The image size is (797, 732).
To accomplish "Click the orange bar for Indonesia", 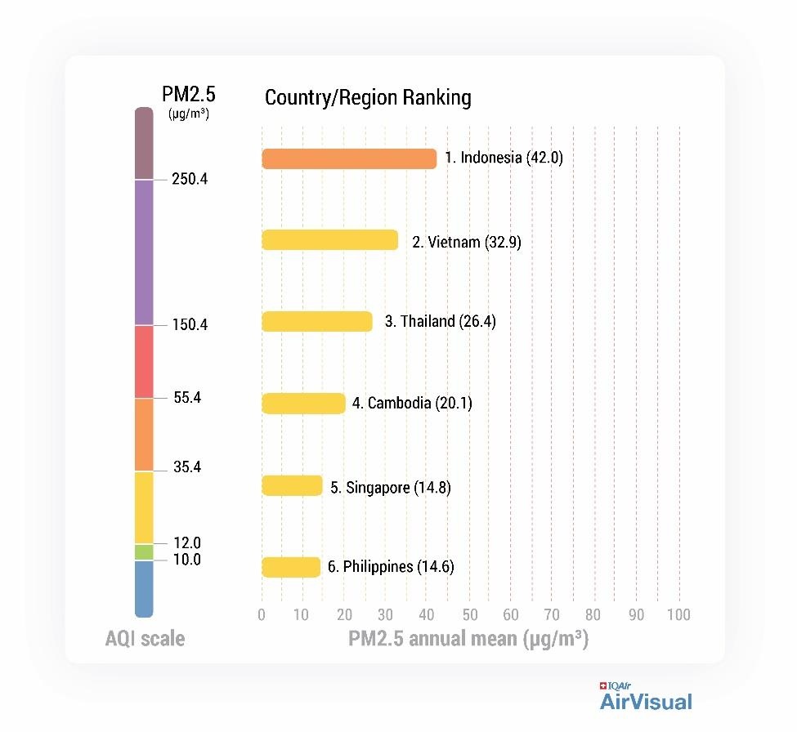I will [349, 159].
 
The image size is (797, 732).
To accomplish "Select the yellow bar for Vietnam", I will [329, 240].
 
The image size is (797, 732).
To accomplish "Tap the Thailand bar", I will [316, 322].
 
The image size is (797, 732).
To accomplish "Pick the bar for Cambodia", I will [303, 404].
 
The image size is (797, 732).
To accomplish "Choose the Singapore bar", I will [292, 486].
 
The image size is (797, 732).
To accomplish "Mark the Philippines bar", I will [291, 567].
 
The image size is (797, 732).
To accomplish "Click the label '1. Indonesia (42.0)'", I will [504, 158].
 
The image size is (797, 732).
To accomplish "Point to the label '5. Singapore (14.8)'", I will [390, 488].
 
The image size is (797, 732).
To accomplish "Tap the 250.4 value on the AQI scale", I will [190, 179].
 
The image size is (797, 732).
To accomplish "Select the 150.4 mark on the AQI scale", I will [190, 325].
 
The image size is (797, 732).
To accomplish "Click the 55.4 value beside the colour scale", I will [187, 398].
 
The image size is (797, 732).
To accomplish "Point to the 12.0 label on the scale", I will [187, 543].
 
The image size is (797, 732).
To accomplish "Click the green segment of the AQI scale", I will [144, 552].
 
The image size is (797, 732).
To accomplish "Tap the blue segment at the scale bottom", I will [144, 588].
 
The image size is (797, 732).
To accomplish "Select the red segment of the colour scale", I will [144, 362].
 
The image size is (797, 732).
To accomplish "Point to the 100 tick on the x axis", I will [678, 615].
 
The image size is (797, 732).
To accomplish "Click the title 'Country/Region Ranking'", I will [368, 98].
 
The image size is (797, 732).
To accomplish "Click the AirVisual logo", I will [646, 699].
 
